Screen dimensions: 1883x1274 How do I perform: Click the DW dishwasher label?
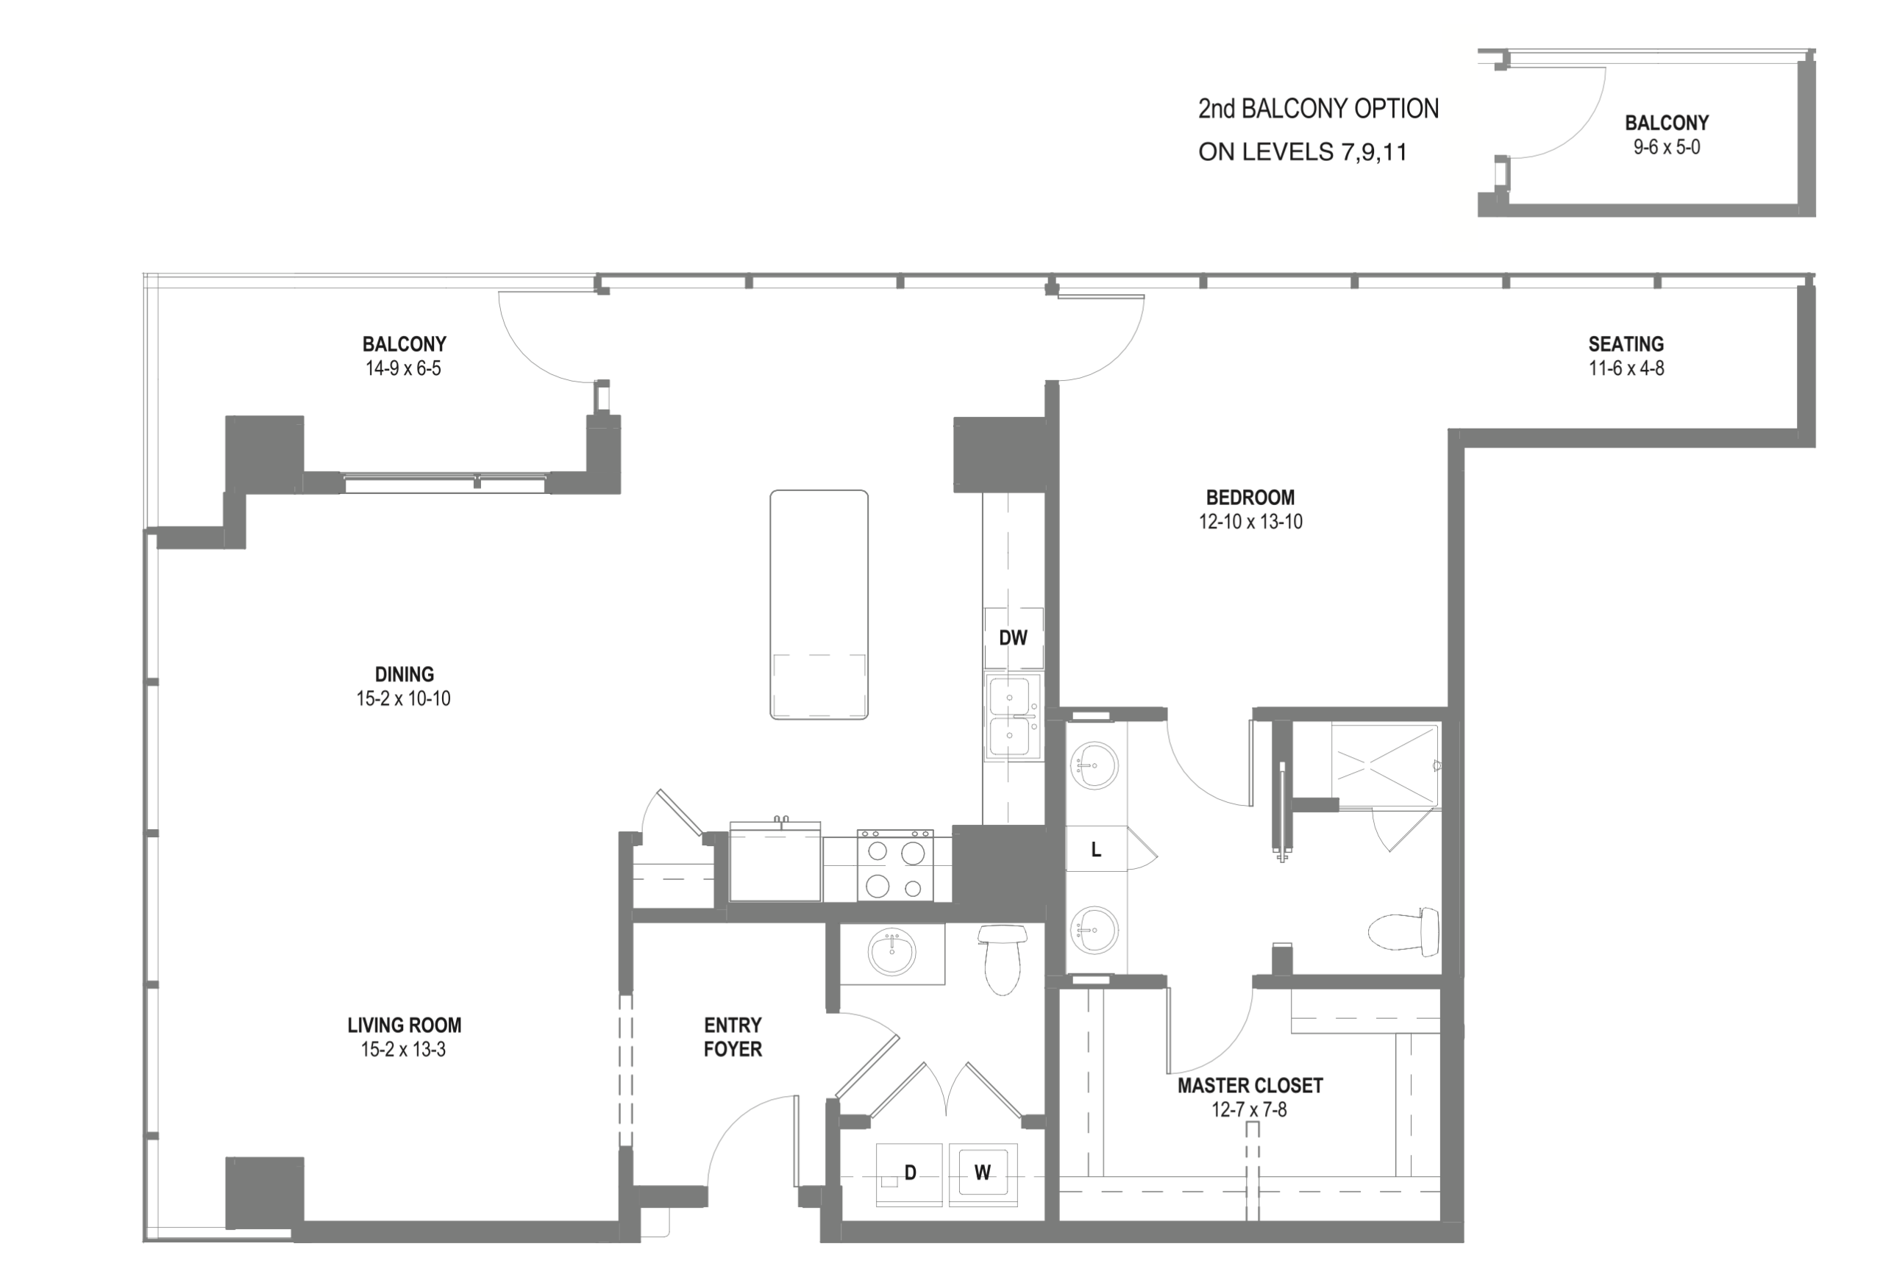pyautogui.click(x=1013, y=638)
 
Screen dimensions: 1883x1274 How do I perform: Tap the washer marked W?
pyautogui.click(x=983, y=1174)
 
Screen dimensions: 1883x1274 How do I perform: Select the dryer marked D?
pyautogui.click(x=909, y=1174)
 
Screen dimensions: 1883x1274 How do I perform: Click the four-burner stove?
pyautogui.click(x=895, y=865)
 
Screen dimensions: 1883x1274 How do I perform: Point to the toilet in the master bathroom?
pyautogui.click(x=1403, y=931)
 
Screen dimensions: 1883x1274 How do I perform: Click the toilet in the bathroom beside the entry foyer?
pyautogui.click(x=1003, y=960)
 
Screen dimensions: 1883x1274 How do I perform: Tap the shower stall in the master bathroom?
pyautogui.click(x=1386, y=766)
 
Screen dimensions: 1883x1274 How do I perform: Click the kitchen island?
pyautogui.click(x=819, y=604)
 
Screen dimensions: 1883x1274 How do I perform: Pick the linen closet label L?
pyautogui.click(x=1096, y=850)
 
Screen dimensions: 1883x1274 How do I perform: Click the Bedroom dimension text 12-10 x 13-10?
pyautogui.click(x=1250, y=522)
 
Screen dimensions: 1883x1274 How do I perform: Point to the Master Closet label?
pyautogui.click(x=1250, y=1085)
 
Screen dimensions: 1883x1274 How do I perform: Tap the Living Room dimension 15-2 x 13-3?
pyautogui.click(x=404, y=1050)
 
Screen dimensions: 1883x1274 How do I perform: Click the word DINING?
pyautogui.click(x=405, y=674)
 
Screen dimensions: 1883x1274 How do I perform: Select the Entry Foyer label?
pyautogui.click(x=733, y=1037)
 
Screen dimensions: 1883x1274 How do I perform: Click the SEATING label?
pyautogui.click(x=1626, y=343)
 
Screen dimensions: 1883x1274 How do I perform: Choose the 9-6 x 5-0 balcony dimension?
pyautogui.click(x=1667, y=148)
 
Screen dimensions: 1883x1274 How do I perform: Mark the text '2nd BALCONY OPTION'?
pyautogui.click(x=1318, y=109)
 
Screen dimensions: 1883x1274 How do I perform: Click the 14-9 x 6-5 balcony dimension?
pyautogui.click(x=404, y=368)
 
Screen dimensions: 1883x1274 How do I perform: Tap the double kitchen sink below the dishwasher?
pyautogui.click(x=1013, y=716)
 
